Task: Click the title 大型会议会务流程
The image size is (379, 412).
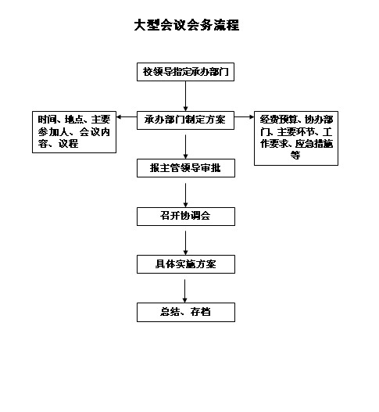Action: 187,25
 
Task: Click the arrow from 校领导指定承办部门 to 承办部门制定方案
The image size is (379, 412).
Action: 185,96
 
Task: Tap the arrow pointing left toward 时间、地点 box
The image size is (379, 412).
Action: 127,117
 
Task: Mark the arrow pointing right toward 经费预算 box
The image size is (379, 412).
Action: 244,117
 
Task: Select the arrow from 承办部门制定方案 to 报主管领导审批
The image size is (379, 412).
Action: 185,147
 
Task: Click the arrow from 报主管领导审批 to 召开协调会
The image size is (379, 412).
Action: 185,195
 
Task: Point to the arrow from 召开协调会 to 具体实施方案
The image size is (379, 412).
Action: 185,243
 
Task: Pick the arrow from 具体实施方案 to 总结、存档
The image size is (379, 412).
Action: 185,291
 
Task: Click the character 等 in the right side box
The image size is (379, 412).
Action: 295,155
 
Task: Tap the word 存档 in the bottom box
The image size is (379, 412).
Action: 200,312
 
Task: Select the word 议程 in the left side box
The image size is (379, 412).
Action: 68,144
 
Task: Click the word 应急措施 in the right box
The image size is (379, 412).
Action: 314,144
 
